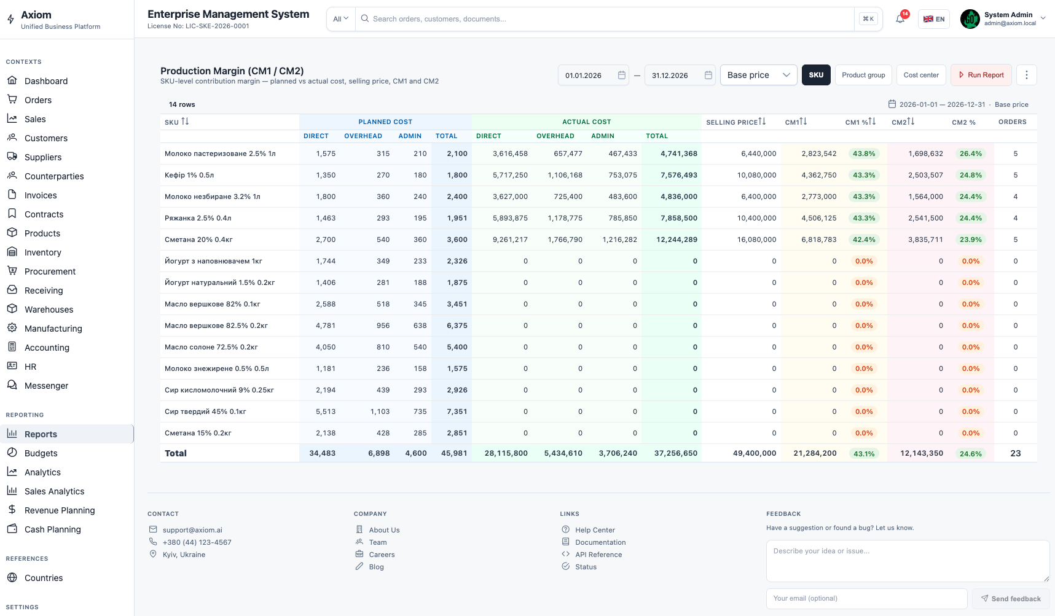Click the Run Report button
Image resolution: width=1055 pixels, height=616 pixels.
pyautogui.click(x=981, y=75)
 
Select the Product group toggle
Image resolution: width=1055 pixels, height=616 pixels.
pyautogui.click(x=863, y=75)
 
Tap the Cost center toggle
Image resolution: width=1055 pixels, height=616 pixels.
pyautogui.click(x=921, y=75)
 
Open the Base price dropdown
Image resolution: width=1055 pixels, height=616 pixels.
pyautogui.click(x=758, y=75)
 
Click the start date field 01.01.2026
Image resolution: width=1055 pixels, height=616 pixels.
pyautogui.click(x=593, y=76)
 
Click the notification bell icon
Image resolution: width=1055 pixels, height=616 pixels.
pyautogui.click(x=900, y=19)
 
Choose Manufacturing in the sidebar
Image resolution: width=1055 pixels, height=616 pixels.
pyautogui.click(x=53, y=329)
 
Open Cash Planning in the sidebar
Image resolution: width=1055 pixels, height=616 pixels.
pyautogui.click(x=53, y=529)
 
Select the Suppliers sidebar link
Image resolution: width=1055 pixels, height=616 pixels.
pyautogui.click(x=43, y=157)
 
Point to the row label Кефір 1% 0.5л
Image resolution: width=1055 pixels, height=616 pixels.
pyautogui.click(x=189, y=175)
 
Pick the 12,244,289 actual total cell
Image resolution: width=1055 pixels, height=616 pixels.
pyautogui.click(x=677, y=240)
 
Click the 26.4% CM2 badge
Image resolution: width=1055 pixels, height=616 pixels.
pyautogui.click(x=971, y=154)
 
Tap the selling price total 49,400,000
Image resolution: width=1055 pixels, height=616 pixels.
pyautogui.click(x=755, y=453)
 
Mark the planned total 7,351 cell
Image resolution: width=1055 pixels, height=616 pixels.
pyautogui.click(x=457, y=411)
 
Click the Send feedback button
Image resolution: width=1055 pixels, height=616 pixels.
pyautogui.click(x=1011, y=599)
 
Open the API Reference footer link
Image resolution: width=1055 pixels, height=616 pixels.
pyautogui.click(x=598, y=555)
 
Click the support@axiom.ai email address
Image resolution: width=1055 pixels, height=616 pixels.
pyautogui.click(x=192, y=530)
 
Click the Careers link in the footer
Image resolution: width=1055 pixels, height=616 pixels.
pyautogui.click(x=382, y=555)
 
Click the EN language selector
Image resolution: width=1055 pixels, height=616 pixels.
pyautogui.click(x=934, y=19)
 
